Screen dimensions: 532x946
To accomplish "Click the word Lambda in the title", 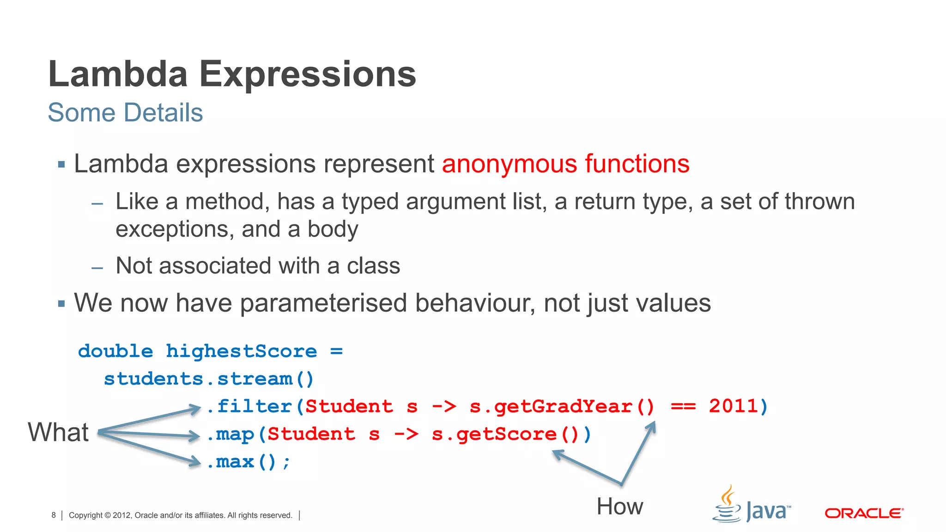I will click(x=118, y=74).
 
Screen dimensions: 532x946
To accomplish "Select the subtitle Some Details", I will click(x=125, y=113).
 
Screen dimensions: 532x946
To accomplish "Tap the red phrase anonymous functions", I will click(x=565, y=164).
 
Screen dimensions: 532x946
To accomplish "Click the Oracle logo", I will click(x=864, y=513).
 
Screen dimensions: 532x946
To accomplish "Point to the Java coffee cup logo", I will click(x=728, y=504).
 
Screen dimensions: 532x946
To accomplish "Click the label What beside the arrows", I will click(x=58, y=433).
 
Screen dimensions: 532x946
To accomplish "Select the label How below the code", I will click(x=619, y=507).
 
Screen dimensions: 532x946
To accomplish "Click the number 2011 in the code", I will click(x=734, y=406).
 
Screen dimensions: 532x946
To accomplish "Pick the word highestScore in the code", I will click(x=241, y=351).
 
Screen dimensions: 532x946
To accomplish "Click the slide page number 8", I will click(x=54, y=515).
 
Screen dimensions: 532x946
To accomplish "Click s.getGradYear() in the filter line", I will click(x=562, y=407).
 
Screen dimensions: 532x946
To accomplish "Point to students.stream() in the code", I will click(x=209, y=379).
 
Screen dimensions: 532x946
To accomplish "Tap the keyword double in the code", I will click(x=115, y=351).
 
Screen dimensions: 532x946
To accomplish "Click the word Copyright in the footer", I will click(x=85, y=515).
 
